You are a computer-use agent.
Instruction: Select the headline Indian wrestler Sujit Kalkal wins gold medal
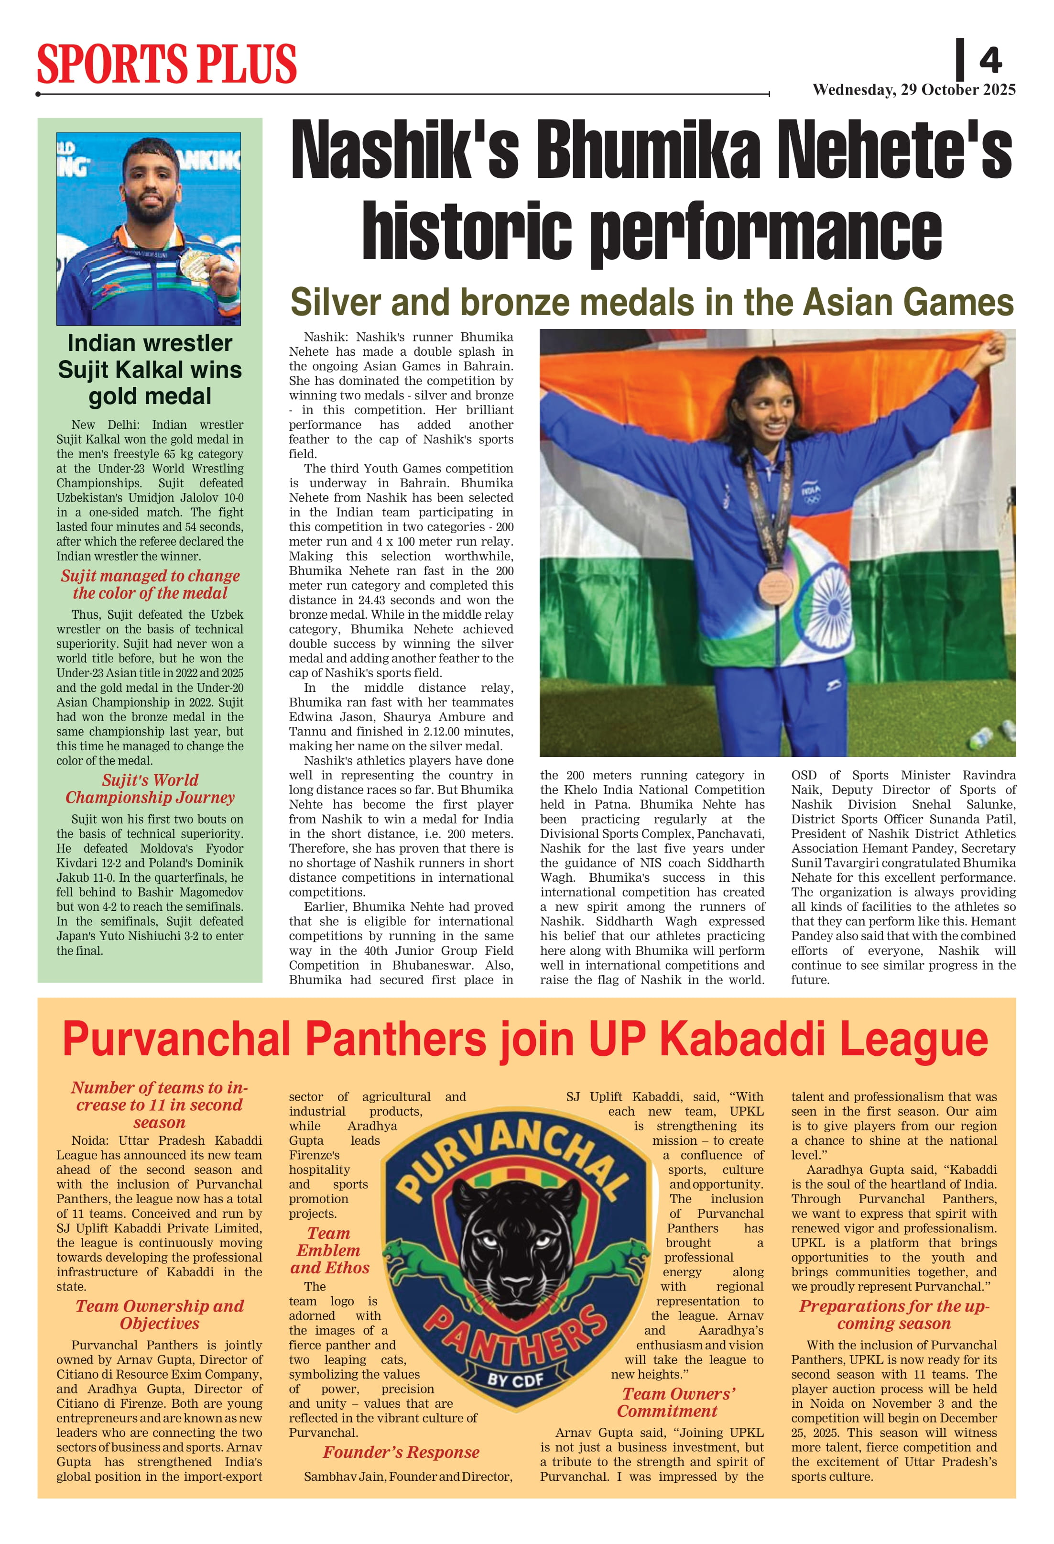[150, 370]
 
